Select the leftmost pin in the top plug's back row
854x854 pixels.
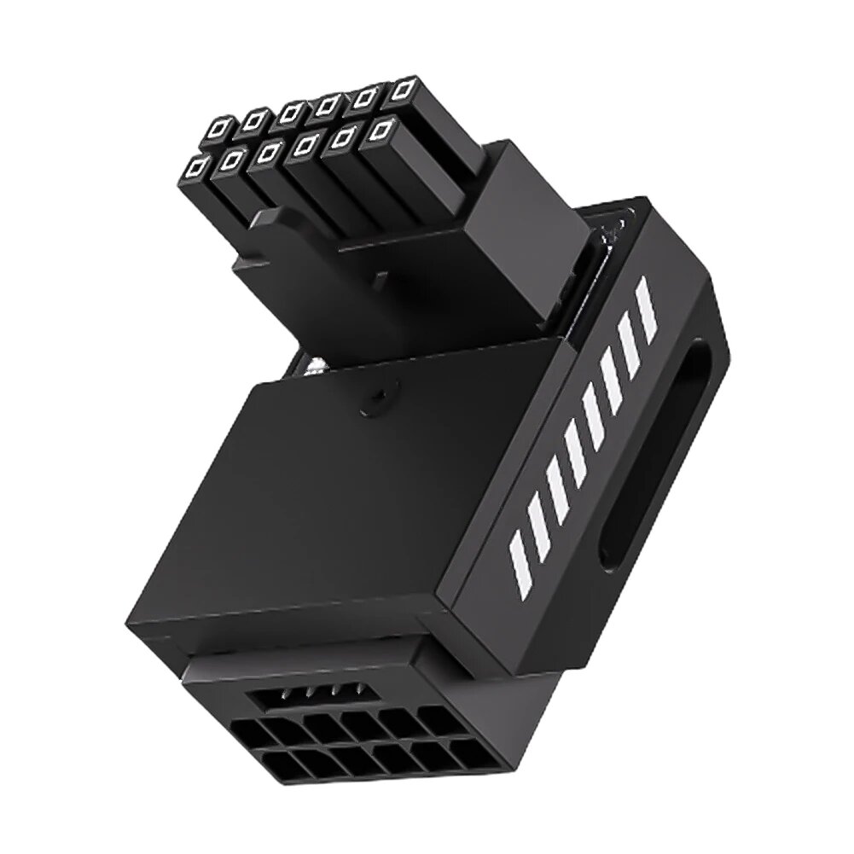pyautogui.click(x=218, y=127)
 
